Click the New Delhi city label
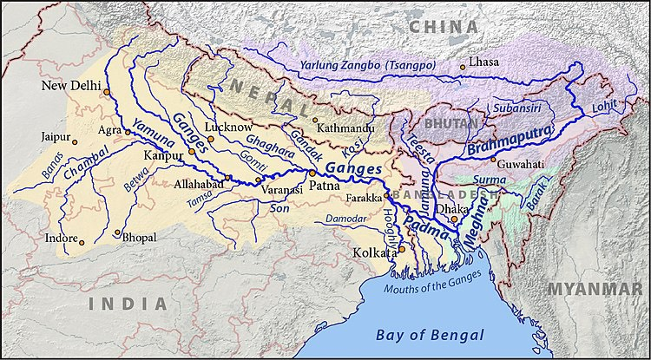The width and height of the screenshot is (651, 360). pyautogui.click(x=71, y=87)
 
